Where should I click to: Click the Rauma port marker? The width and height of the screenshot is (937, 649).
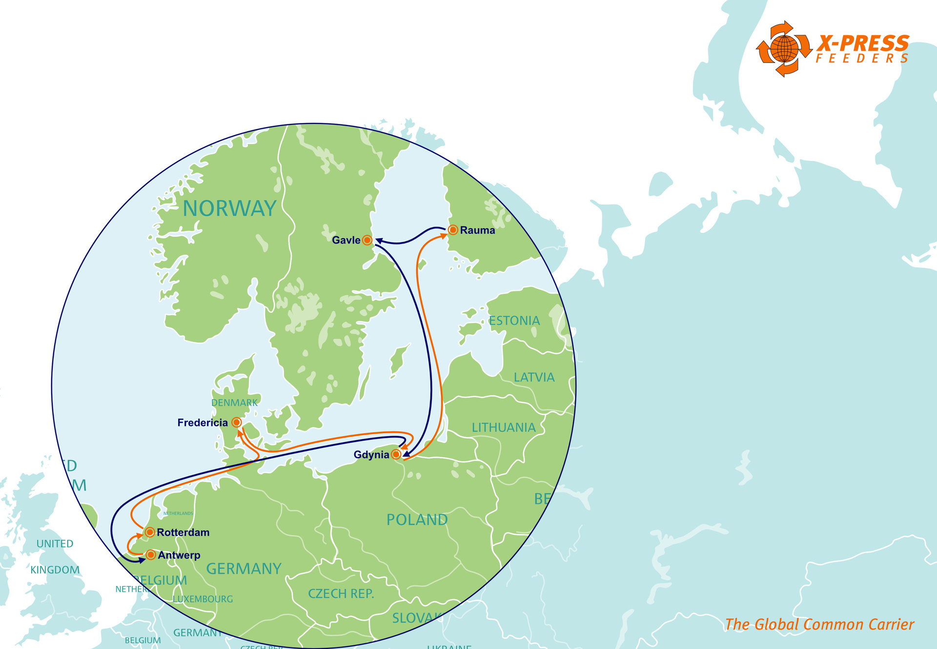tap(452, 230)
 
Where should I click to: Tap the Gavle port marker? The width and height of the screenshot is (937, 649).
tap(367, 240)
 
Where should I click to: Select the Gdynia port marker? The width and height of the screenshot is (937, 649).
tap(396, 454)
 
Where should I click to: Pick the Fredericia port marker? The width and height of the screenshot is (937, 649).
tap(236, 422)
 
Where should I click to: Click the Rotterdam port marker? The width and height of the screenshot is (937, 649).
tap(150, 532)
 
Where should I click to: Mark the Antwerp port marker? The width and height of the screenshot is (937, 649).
tap(151, 555)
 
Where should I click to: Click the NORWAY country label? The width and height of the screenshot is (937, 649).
tap(229, 209)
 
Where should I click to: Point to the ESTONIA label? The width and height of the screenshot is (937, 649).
tap(514, 321)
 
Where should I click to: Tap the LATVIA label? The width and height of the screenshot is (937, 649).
tap(534, 377)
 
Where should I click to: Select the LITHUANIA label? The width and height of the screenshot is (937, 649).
tap(504, 427)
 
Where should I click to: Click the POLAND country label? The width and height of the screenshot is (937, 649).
tap(417, 520)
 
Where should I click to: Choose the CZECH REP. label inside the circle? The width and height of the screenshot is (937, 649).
tap(341, 594)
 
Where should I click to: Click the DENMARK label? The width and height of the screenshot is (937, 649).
tap(234, 403)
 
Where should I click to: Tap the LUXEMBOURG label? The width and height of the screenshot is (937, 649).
tap(203, 599)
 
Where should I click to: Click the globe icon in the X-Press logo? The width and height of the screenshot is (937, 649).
tap(784, 49)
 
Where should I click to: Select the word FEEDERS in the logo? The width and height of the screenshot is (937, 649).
tap(862, 59)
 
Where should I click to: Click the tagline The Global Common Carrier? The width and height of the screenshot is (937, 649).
tap(819, 625)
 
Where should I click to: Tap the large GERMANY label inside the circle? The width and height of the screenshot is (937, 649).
tap(244, 568)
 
